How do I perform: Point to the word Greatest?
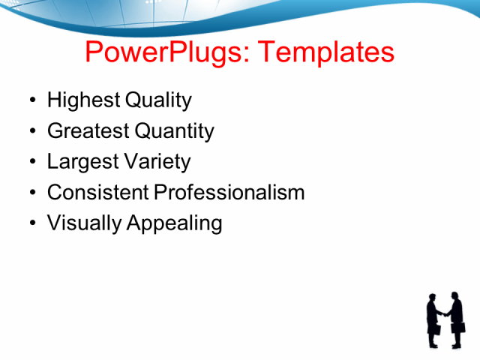click(88, 131)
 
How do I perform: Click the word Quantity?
click(174, 131)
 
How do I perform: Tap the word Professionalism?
click(229, 192)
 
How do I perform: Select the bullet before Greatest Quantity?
click(31, 132)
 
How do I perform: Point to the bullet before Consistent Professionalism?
click(31, 193)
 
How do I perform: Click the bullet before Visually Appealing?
click(31, 223)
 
